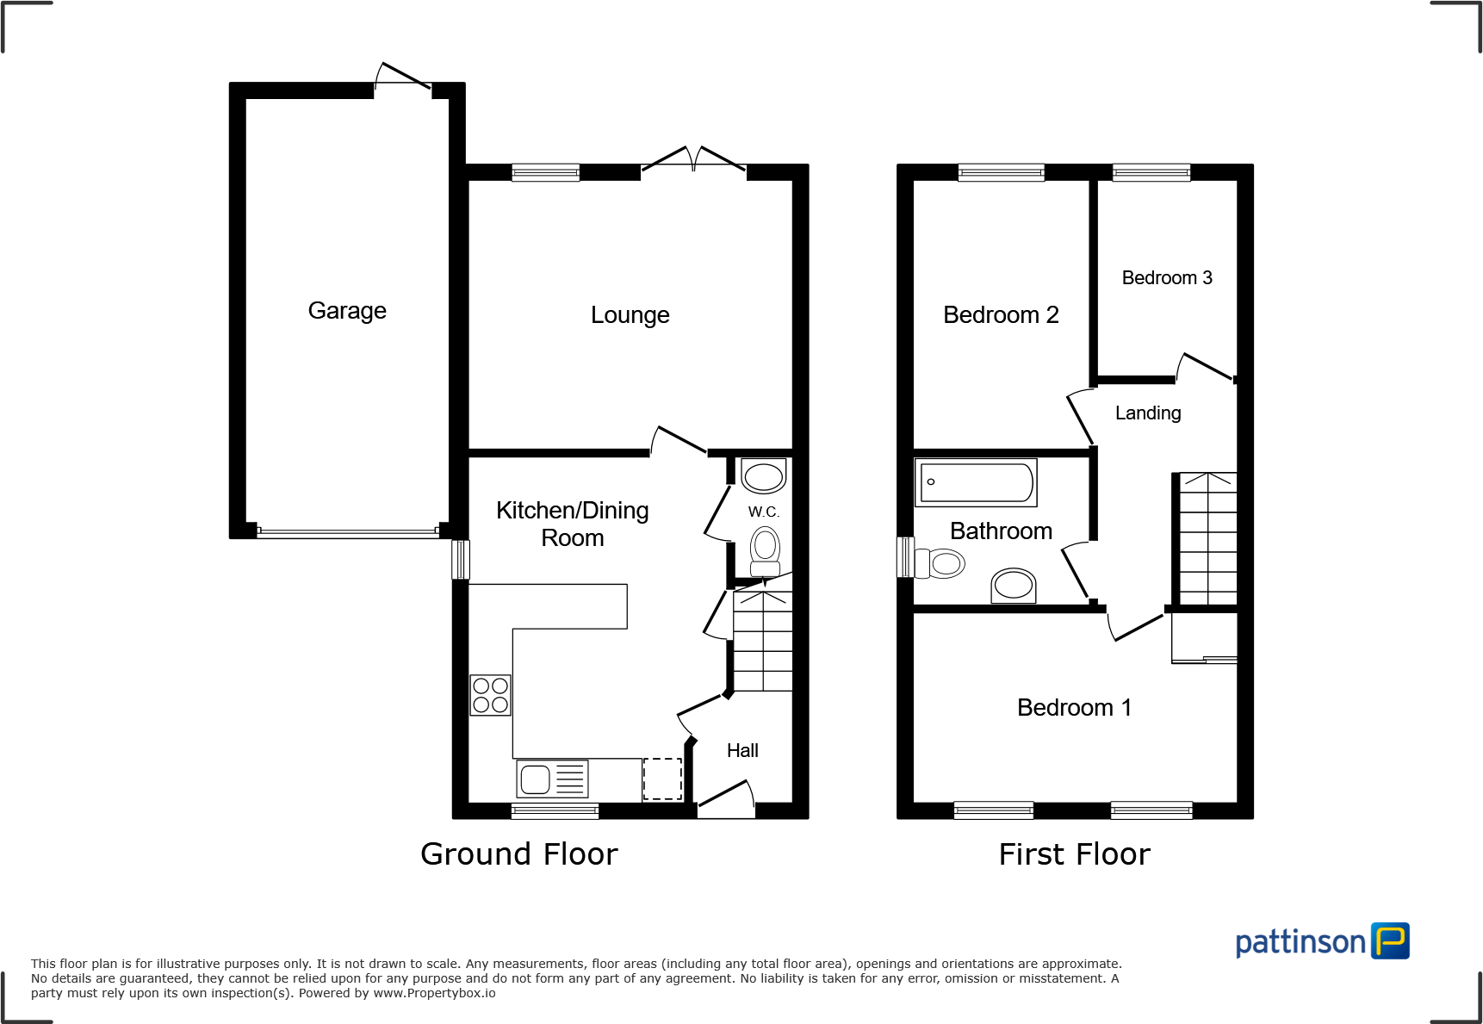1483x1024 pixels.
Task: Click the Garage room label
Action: (347, 311)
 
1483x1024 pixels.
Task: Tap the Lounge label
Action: (630, 315)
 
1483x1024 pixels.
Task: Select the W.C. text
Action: (763, 512)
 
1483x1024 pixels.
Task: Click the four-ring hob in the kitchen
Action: (490, 695)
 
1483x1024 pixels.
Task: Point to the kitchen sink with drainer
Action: (552, 779)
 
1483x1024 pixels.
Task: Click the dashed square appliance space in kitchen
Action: (662, 779)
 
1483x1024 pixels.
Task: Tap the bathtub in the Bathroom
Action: (976, 482)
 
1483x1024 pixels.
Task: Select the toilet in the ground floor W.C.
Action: (765, 551)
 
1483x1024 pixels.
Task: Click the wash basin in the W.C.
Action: (763, 475)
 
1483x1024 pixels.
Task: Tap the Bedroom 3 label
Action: (1166, 278)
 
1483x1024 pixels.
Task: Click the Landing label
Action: (1147, 413)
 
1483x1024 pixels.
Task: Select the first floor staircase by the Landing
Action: (1207, 539)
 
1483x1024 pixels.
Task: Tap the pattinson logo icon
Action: (1391, 940)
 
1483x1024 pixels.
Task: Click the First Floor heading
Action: (1074, 854)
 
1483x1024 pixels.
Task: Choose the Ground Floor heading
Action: (518, 854)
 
